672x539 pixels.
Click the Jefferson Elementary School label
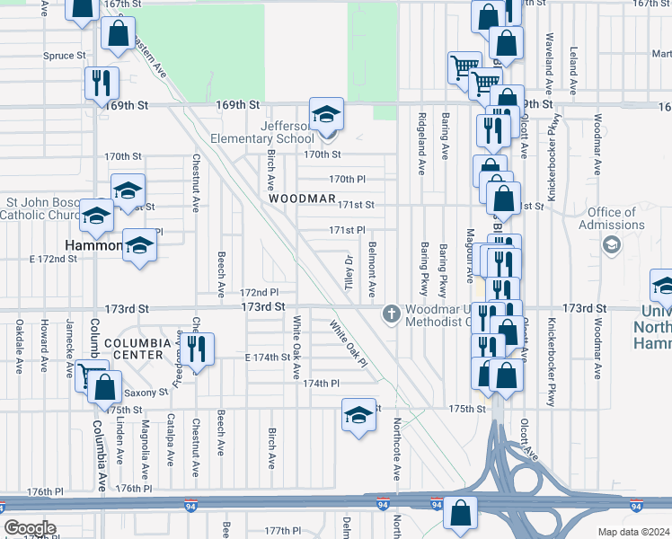coord(262,133)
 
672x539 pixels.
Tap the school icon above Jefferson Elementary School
coord(326,114)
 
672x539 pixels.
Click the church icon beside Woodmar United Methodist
coord(391,314)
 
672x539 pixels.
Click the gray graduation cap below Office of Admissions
coord(612,244)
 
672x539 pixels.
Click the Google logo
coord(30,528)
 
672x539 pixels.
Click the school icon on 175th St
coord(358,415)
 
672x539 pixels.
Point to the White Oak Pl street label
coord(348,345)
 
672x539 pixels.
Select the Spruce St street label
coord(64,56)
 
